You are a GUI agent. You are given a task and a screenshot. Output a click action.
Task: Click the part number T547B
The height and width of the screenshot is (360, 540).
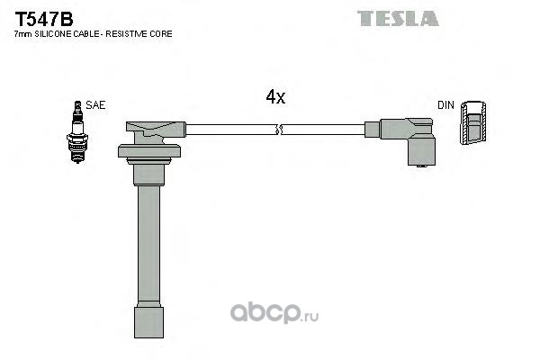coord(44,19)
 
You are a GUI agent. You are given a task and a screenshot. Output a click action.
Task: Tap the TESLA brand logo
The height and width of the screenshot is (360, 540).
coord(398,18)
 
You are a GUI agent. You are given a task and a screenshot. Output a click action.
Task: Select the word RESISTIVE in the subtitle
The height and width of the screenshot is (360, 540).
coord(126,34)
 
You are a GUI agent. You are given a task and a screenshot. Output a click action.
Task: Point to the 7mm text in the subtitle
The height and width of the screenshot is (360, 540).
coord(23,34)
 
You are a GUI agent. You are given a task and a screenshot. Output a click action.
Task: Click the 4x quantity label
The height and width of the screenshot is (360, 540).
coord(275,97)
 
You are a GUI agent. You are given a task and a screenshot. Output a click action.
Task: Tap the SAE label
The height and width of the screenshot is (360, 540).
coord(95,105)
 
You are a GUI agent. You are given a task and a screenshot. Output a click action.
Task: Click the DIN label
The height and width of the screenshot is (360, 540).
coord(445,105)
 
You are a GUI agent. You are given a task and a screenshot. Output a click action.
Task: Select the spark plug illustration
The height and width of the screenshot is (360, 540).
coord(77,132)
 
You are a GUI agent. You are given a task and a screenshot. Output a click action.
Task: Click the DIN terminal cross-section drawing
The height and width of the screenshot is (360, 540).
coord(473,122)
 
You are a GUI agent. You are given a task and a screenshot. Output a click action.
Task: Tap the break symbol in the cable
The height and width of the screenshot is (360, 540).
coord(279,130)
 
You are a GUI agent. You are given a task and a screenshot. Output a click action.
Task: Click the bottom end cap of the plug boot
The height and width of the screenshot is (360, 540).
coord(148,322)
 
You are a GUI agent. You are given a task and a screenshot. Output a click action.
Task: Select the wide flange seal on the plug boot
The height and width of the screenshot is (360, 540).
coord(149,151)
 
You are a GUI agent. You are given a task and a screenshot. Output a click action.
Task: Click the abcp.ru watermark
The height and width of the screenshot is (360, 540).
coord(274,313)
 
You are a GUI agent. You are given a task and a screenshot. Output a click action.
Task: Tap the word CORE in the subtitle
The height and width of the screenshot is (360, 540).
coord(161,34)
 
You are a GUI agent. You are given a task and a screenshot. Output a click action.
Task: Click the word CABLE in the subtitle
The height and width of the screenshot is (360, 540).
coord(85,34)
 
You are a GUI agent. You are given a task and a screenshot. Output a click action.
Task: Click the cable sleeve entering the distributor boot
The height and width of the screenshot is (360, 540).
coord(373,130)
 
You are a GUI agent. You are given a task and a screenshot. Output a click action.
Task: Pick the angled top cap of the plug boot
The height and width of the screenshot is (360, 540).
coord(156,130)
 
